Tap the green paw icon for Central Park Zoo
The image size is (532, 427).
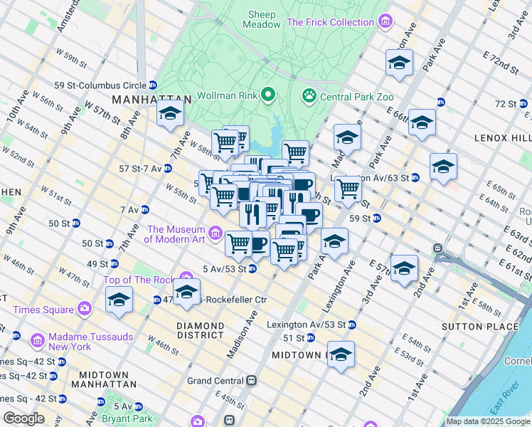309,95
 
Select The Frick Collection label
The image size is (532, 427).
330,22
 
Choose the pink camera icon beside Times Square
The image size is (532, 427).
85,310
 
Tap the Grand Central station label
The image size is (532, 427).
216,381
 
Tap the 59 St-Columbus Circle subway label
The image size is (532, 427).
100,85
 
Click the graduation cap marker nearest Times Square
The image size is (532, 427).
119,300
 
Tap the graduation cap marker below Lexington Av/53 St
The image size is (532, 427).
341,354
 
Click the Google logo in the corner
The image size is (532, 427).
23,418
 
